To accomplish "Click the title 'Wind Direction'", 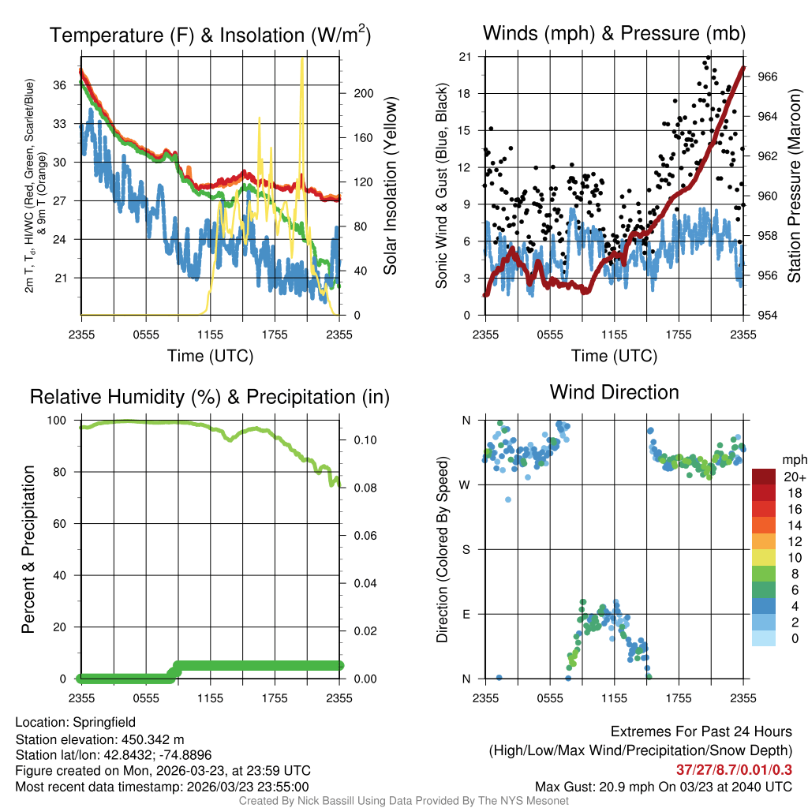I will pos(614,392).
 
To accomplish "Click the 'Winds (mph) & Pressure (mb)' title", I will pos(614,33).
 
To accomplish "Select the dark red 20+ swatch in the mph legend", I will pos(765,477).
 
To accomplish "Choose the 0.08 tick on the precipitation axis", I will pos(358,488).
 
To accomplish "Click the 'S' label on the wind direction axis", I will pos(466,549).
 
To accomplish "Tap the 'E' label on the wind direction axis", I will pos(466,614).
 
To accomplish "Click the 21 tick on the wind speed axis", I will pos(466,57).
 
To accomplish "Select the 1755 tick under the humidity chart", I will pos(275,698).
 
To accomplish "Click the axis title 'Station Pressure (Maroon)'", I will pos(795,185).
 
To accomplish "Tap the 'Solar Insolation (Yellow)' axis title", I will pos(390,185).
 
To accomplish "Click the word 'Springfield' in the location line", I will pos(104,722).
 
